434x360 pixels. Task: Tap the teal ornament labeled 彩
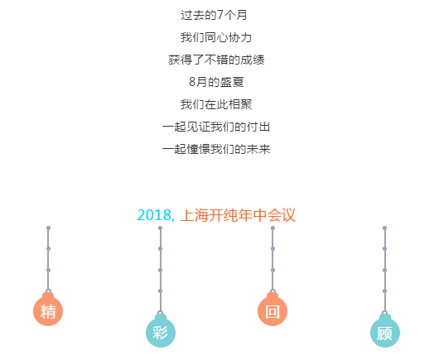coord(161,331)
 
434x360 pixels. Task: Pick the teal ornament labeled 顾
coord(385,331)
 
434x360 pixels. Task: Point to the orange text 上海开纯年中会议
coord(238,215)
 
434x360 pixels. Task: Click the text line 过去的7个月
coord(214,15)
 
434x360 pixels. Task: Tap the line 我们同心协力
coord(216,37)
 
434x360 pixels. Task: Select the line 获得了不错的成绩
coord(216,60)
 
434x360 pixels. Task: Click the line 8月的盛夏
coord(216,82)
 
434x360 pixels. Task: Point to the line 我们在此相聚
coord(216,104)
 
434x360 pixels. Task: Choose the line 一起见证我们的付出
coord(216,127)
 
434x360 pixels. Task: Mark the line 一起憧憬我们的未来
coord(216,149)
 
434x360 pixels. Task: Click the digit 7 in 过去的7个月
coord(220,15)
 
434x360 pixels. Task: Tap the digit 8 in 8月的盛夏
coord(192,82)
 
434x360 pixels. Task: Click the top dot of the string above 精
coord(48,228)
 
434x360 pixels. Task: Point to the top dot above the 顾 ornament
coord(385,228)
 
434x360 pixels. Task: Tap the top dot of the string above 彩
coord(160,228)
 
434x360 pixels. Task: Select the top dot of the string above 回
coord(273,228)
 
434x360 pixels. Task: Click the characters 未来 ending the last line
coord(258,149)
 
